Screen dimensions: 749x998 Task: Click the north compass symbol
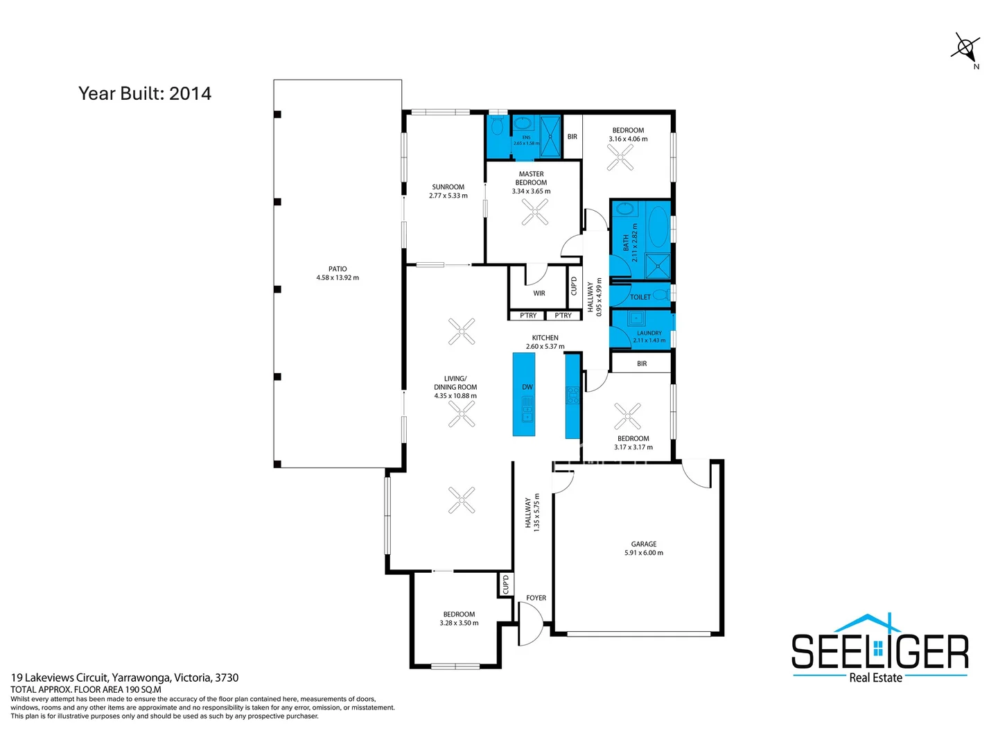tap(965, 49)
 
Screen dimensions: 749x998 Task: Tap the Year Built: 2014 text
tap(145, 94)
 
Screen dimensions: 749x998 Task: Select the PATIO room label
tap(338, 269)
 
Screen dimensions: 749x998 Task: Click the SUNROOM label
tap(448, 187)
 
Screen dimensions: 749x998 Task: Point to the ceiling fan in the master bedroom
tap(534, 212)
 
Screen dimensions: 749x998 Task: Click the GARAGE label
tap(643, 544)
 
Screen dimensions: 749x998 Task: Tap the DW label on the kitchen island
tap(527, 387)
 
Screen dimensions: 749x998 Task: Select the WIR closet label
tap(539, 293)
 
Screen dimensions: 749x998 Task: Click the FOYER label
tap(536, 598)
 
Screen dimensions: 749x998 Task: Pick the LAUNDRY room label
tap(649, 333)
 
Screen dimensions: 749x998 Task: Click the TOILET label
tap(640, 297)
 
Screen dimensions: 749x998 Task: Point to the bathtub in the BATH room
tap(658, 226)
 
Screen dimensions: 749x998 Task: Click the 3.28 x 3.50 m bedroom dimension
tap(459, 623)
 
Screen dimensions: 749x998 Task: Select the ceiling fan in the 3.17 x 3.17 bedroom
tap(627, 416)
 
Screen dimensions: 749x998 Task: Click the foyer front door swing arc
tap(532, 623)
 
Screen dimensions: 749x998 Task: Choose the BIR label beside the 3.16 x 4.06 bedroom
tap(572, 137)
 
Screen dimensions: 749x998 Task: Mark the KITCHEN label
tap(545, 338)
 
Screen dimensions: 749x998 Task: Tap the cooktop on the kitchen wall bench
tap(572, 395)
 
